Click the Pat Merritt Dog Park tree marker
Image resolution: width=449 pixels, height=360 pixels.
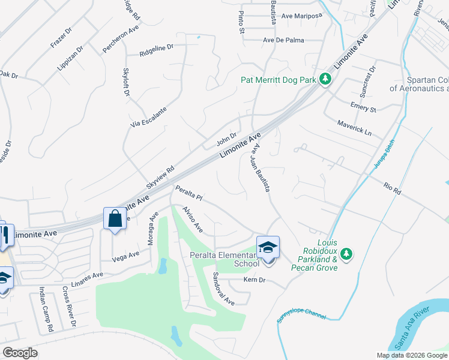pyautogui.click(x=325, y=79)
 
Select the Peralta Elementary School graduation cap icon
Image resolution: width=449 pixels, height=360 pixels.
pyautogui.click(x=268, y=246)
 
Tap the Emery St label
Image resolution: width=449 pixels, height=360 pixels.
pyautogui.click(x=363, y=108)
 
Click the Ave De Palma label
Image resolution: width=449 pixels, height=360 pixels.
pyautogui.click(x=283, y=40)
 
